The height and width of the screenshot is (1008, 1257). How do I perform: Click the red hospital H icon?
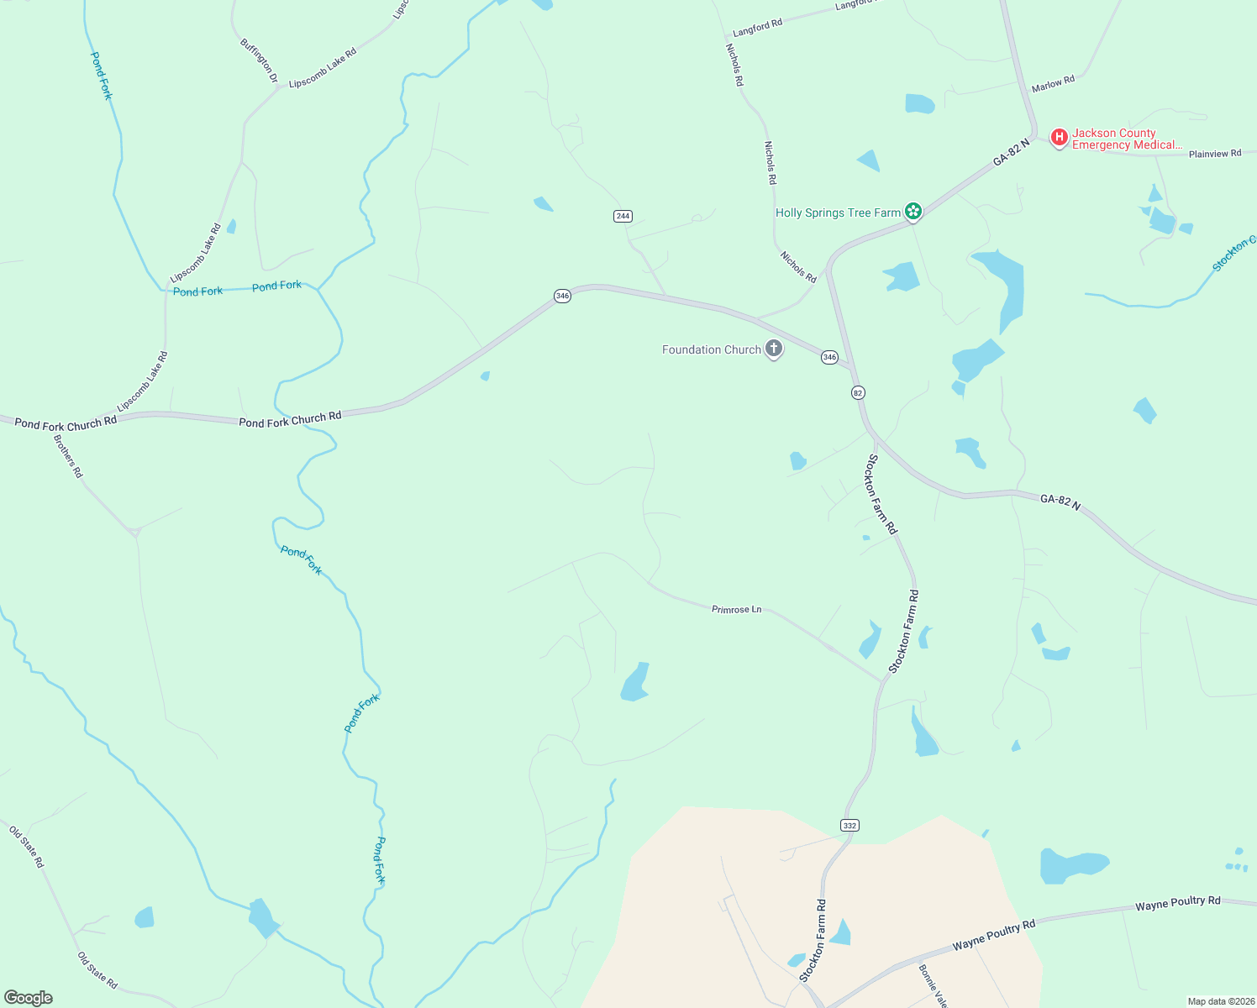(1060, 136)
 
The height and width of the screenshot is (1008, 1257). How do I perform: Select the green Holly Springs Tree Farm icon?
(913, 212)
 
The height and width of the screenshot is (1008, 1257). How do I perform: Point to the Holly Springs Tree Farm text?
(838, 213)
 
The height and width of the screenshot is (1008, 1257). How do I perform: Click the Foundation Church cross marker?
(774, 349)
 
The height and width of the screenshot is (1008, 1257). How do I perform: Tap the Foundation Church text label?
(711, 349)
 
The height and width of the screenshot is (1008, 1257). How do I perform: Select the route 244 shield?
(623, 216)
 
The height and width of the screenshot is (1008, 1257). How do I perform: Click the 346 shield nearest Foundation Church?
(829, 357)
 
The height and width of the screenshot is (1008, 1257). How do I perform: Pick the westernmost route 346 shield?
(562, 296)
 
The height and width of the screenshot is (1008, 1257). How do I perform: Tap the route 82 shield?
(858, 392)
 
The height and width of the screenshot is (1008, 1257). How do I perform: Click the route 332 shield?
(849, 826)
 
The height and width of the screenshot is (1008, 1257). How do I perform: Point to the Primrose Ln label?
(736, 609)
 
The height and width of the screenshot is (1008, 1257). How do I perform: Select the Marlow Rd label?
(1053, 84)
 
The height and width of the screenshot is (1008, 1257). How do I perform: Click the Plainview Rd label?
(1214, 154)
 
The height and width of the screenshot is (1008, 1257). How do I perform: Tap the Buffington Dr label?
(259, 60)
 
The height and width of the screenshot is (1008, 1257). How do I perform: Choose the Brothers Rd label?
(68, 456)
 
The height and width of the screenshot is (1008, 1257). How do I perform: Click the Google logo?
(29, 998)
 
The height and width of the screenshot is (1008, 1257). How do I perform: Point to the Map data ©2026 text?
(1220, 1001)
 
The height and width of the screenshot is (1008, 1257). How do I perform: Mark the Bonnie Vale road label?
(934, 985)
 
